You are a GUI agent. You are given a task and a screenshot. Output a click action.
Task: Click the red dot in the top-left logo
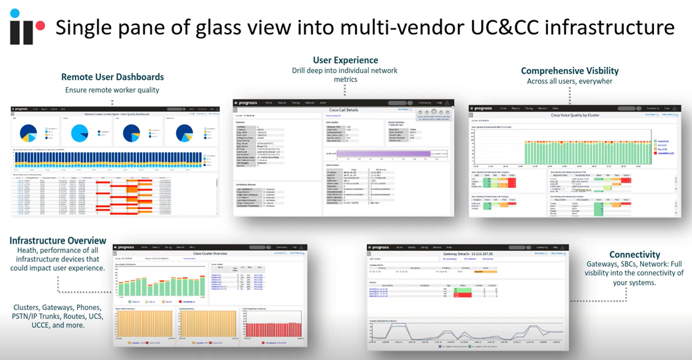[40, 26]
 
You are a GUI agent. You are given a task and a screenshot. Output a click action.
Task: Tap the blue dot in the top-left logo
[15, 13]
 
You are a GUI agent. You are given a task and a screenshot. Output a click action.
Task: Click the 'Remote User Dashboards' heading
[112, 77]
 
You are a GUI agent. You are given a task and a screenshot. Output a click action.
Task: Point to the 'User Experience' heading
[345, 60]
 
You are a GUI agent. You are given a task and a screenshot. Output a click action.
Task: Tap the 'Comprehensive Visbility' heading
[569, 71]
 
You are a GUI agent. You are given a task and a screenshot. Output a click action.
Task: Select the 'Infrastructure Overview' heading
[58, 240]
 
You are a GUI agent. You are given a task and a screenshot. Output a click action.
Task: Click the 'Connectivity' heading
[634, 254]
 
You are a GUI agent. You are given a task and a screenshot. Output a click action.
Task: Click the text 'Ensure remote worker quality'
[112, 90]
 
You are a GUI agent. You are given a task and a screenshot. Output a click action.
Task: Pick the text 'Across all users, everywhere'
[569, 81]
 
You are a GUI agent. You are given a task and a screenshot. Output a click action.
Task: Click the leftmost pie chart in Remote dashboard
[30, 133]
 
